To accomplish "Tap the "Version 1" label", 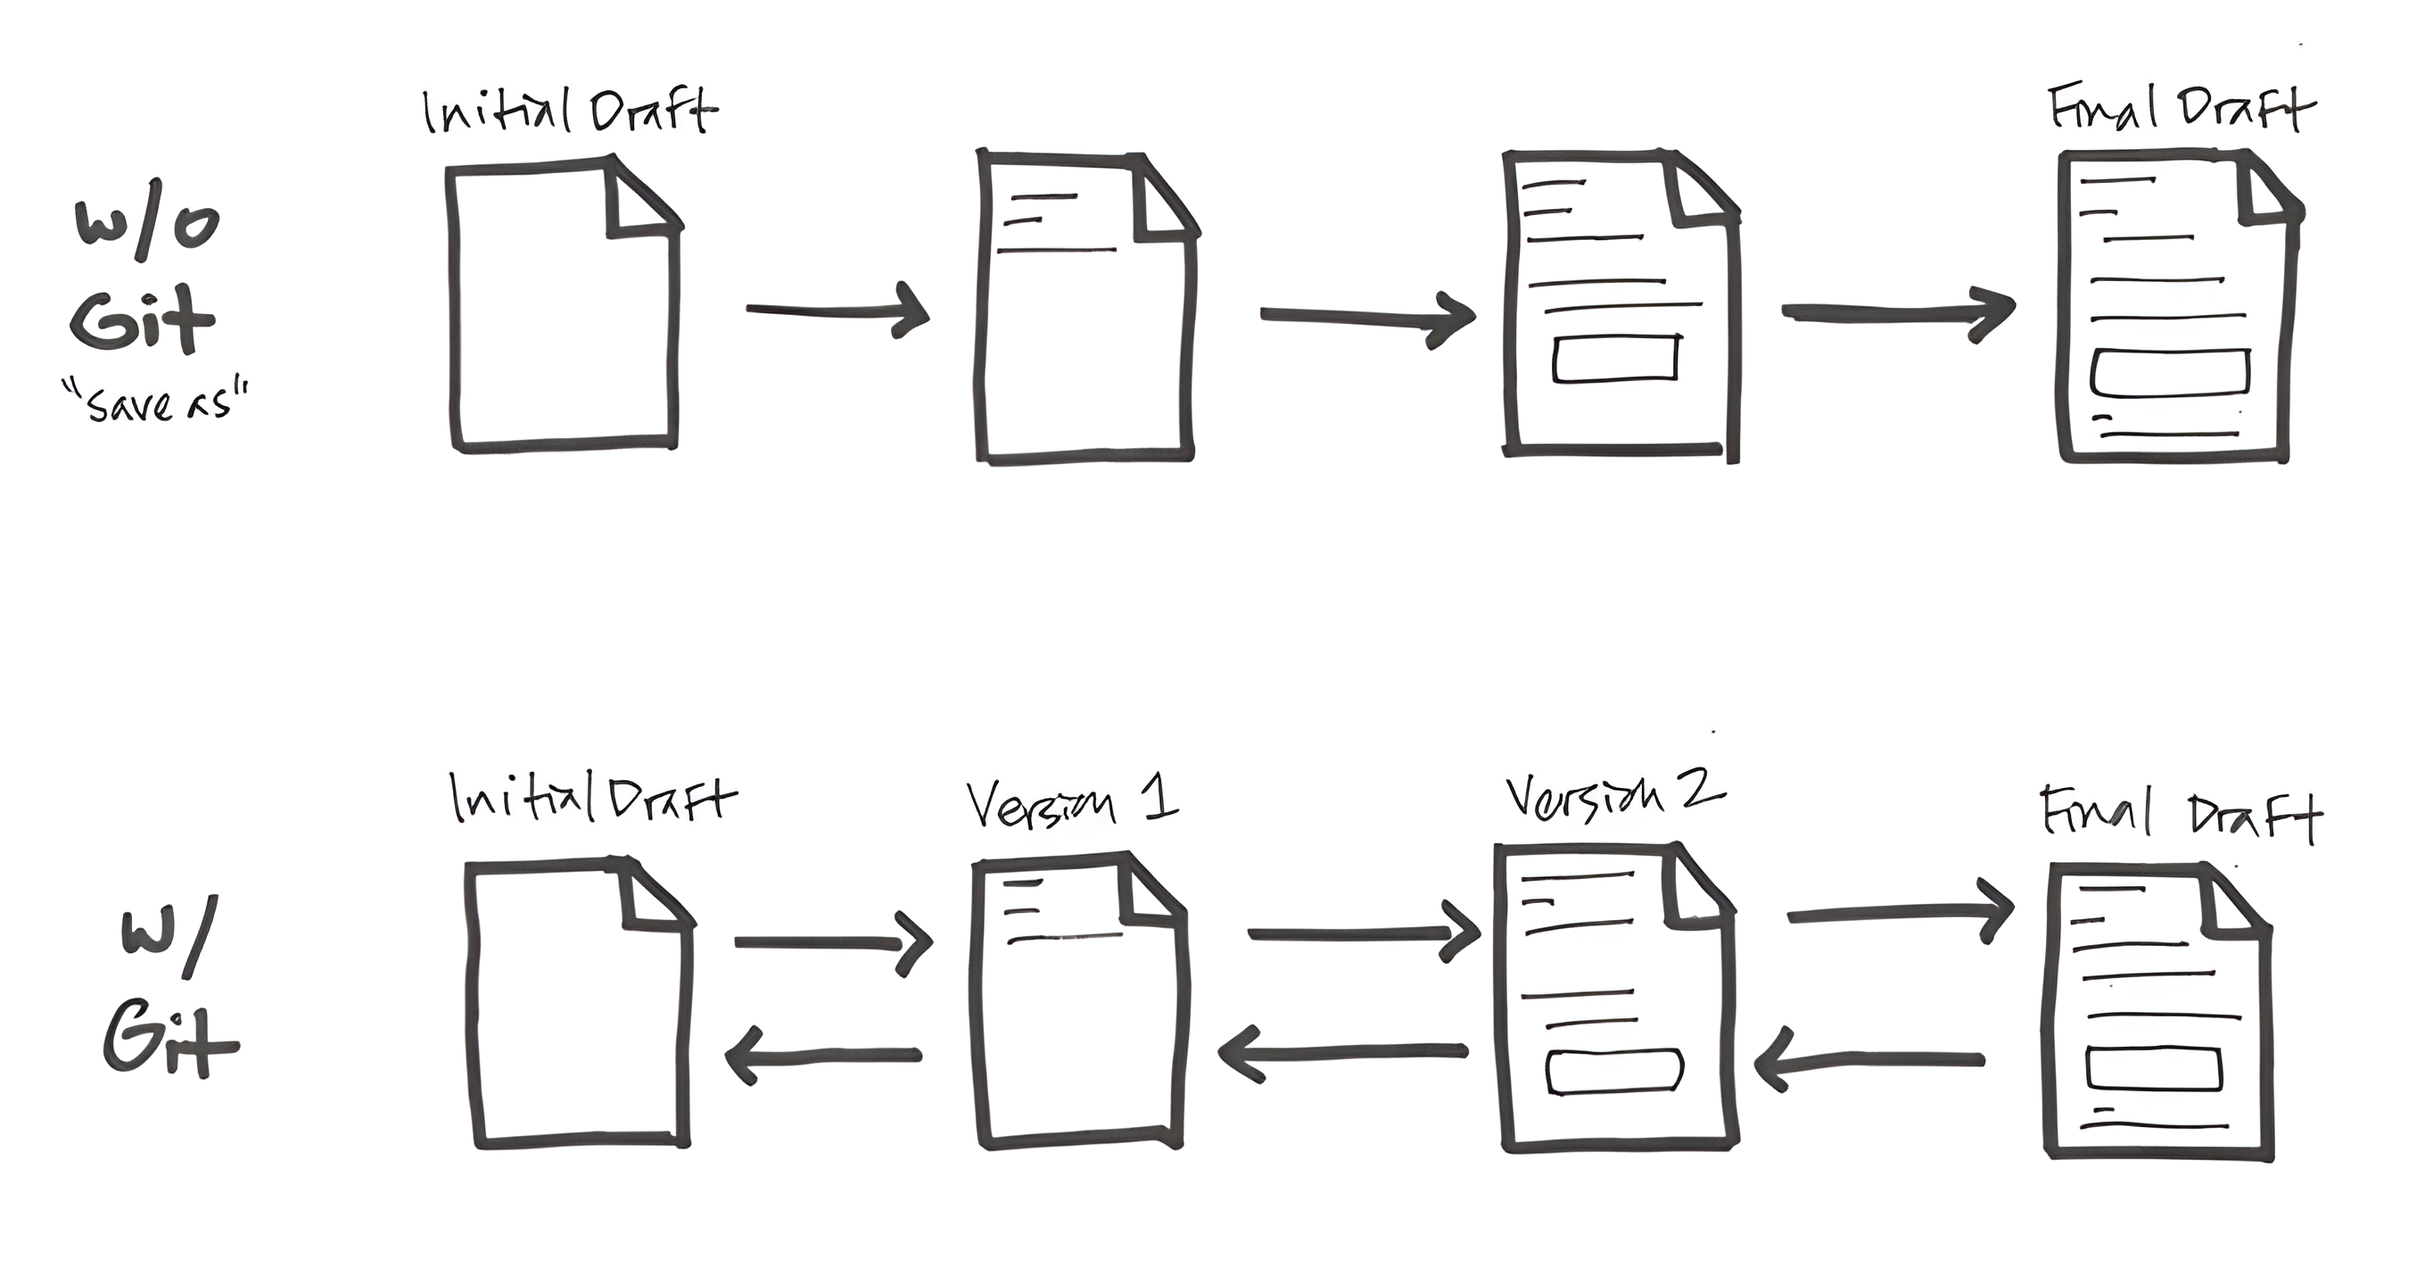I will point(1072,803).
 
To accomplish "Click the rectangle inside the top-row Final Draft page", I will point(2170,373).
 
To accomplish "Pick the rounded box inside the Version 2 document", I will point(1614,1072).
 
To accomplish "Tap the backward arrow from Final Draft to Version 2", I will point(1868,1060).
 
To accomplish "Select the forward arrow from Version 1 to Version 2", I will point(1364,933).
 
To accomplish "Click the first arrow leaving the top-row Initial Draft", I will point(837,310).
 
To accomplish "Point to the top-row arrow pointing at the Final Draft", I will point(1899,311).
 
